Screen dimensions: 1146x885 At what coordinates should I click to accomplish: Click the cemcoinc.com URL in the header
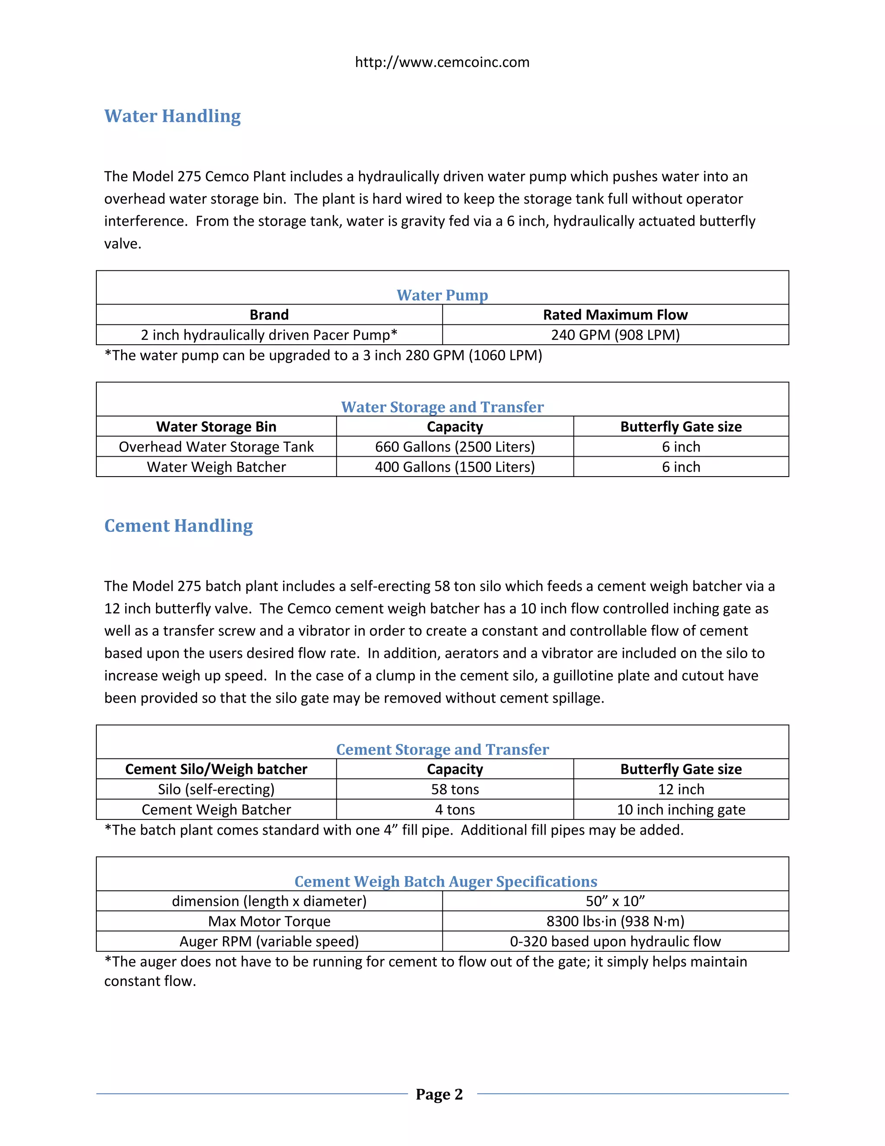[442, 62]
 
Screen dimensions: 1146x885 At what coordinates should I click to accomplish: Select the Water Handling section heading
[172, 116]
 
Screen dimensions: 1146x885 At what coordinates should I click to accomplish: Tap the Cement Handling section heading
[178, 526]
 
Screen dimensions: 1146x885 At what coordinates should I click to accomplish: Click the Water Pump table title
[442, 295]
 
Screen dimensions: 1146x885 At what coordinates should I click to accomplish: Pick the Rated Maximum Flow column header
[615, 315]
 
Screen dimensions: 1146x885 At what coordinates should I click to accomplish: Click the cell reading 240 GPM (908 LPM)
[615, 335]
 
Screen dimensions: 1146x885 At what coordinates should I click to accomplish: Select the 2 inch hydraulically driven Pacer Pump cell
[269, 335]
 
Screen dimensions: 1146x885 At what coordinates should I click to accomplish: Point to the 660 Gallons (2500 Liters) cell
[455, 447]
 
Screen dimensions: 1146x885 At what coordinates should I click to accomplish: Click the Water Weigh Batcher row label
[216, 467]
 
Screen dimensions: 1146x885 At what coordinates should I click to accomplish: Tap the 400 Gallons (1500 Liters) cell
[455, 467]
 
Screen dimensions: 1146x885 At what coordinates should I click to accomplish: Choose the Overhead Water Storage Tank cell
[216, 447]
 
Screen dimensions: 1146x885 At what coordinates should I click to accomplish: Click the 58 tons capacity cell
[455, 789]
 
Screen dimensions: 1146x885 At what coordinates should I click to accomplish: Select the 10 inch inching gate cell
[681, 810]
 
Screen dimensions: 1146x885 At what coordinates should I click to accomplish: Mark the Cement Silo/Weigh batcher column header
[216, 769]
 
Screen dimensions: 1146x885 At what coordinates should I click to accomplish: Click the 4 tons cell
[455, 810]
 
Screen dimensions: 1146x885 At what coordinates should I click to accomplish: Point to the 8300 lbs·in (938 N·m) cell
[615, 922]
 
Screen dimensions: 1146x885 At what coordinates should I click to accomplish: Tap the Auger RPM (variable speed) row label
[269, 941]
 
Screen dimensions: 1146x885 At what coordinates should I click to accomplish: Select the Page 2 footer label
[439, 1094]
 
